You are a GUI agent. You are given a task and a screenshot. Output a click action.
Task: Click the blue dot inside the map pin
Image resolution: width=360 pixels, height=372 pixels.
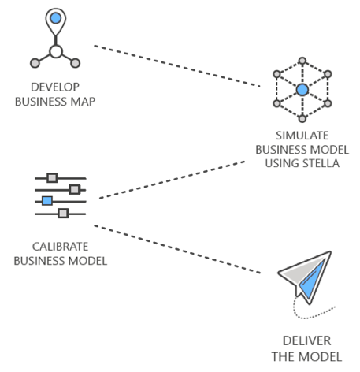(x=56, y=18)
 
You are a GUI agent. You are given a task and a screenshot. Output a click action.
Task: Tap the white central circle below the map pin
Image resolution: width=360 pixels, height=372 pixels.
(x=56, y=51)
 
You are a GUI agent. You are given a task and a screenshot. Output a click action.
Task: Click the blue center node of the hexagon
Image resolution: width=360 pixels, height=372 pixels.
(x=302, y=90)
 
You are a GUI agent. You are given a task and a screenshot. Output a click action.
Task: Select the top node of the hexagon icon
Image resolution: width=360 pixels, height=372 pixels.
(x=302, y=61)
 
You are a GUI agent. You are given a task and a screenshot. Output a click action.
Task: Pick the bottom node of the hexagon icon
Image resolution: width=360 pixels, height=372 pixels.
(x=302, y=119)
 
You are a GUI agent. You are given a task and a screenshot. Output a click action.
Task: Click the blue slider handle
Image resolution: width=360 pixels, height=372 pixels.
(x=47, y=201)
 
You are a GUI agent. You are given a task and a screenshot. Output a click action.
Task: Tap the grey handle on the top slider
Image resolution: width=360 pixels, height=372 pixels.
(x=52, y=178)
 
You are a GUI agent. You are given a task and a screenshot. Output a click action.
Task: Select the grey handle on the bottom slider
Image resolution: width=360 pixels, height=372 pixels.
(x=63, y=213)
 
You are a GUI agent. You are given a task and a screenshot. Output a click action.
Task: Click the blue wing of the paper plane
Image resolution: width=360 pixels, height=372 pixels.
(x=312, y=280)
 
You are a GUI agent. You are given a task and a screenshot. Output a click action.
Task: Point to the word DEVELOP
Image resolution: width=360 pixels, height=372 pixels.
(x=55, y=87)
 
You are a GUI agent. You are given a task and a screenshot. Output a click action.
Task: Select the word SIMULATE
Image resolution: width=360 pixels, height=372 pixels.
(x=302, y=136)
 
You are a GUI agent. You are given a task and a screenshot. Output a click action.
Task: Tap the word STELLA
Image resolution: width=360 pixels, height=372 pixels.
(x=321, y=163)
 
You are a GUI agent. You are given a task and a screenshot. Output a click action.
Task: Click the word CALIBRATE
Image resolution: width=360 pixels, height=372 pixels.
(x=60, y=247)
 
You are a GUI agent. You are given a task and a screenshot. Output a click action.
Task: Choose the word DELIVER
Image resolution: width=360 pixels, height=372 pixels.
(x=306, y=341)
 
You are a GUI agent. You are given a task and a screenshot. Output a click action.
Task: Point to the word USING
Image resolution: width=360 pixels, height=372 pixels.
(x=282, y=163)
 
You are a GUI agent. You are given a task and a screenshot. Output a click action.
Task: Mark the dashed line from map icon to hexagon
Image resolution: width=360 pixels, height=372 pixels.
(x=177, y=65)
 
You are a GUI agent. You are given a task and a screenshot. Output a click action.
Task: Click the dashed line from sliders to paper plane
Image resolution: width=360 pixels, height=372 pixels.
(x=177, y=249)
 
